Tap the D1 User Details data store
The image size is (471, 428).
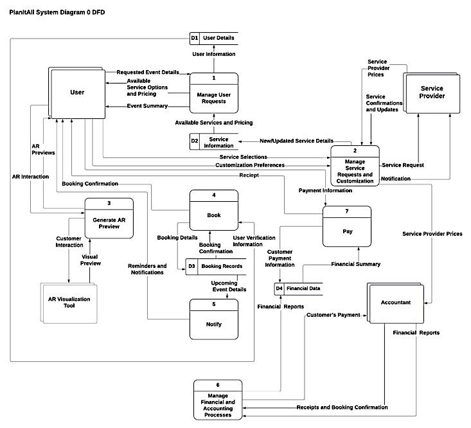[213, 39]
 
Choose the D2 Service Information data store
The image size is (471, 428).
[213, 141]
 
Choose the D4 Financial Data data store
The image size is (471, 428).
[298, 289]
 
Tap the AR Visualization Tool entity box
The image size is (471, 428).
[69, 301]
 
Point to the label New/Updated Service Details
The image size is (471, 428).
[296, 141]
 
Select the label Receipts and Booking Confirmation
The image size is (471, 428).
[342, 407]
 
